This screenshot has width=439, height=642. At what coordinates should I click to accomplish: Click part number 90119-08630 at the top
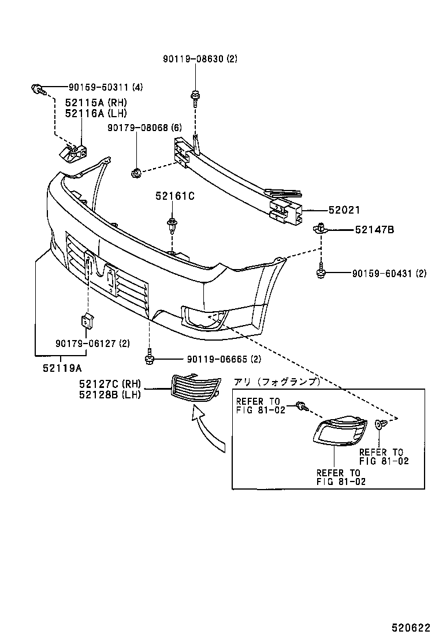tap(200, 59)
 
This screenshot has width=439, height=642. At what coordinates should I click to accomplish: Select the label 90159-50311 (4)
tap(105, 88)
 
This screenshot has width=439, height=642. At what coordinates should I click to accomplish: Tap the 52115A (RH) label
tap(95, 103)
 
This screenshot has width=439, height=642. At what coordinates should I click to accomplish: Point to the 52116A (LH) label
tap(95, 114)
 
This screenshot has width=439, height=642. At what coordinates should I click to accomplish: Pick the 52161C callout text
tap(174, 196)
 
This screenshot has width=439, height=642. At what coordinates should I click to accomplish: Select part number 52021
tap(344, 211)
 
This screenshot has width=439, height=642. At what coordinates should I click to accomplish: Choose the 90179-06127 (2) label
tap(92, 343)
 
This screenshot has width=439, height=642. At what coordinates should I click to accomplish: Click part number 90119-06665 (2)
tap(216, 359)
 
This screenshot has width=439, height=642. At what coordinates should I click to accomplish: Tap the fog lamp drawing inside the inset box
tap(340, 432)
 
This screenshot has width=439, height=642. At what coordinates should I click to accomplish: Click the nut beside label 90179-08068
tap(136, 171)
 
